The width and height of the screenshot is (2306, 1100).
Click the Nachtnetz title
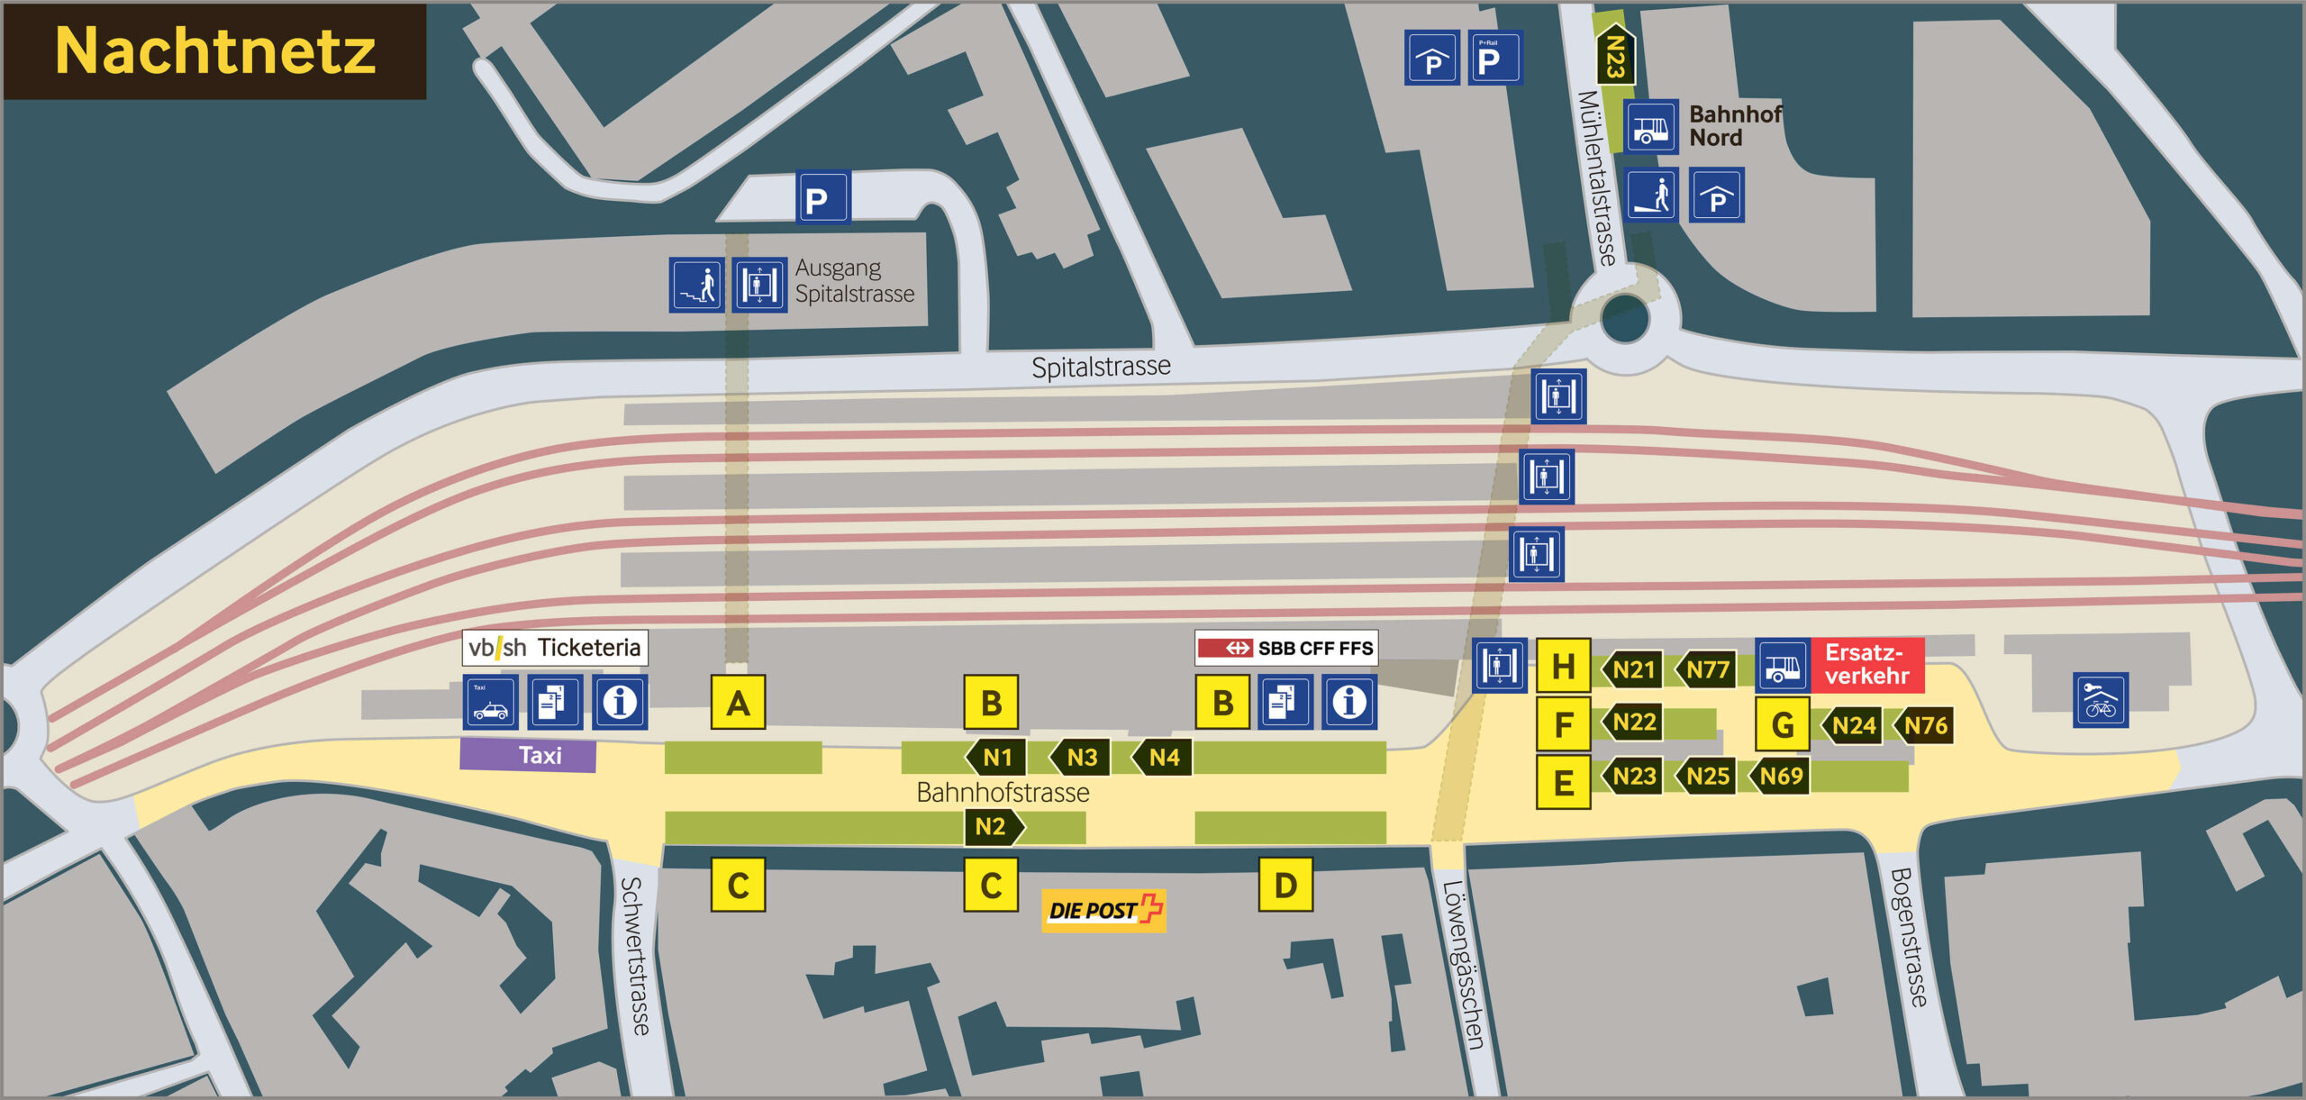coord(214,50)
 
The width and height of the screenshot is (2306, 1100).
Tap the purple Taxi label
coord(528,755)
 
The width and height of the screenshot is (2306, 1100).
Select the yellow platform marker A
coord(738,702)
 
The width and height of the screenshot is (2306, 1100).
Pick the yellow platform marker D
coord(1285,885)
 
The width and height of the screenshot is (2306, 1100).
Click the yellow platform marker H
coord(1563,667)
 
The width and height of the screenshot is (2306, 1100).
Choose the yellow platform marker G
coord(1782,724)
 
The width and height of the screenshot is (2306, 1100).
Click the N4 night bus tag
coord(1162,757)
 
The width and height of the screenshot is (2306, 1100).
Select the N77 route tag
coord(1705,669)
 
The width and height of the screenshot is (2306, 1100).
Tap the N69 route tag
coord(1779,776)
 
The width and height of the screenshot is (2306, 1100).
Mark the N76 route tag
coord(1923,724)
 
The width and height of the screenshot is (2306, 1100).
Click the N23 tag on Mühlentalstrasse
coord(1615,56)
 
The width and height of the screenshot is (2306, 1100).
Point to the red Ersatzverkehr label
coord(1866,664)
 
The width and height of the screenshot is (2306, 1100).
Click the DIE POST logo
coord(1103,910)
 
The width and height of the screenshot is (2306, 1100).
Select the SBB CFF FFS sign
coord(1286,648)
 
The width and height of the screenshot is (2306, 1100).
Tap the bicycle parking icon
coord(2100,700)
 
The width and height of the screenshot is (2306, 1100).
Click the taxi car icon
coord(490,702)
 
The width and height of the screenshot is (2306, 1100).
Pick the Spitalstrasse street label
coord(1101,367)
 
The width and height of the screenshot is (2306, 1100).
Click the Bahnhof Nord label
coord(1734,126)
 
